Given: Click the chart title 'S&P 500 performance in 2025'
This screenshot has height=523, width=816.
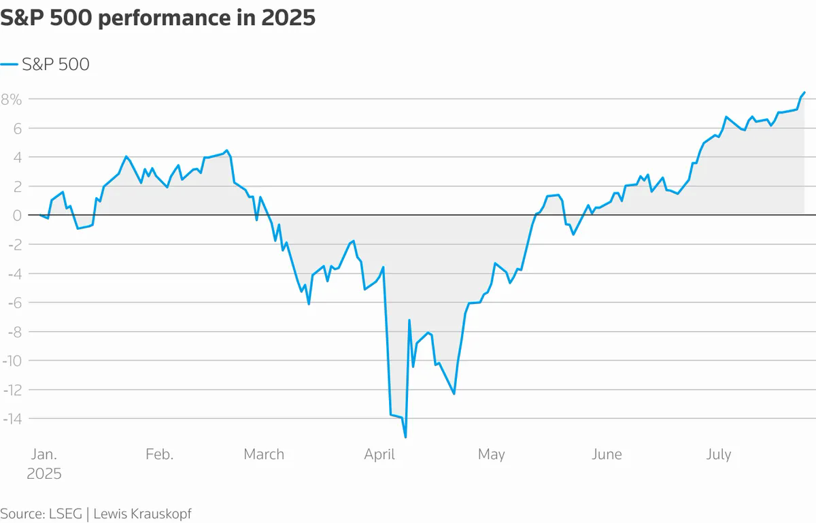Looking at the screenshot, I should coord(158,18).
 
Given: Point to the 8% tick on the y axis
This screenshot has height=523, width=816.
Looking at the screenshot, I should coord(12,99).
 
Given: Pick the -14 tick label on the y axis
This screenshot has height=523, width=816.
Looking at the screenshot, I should coord(12,419).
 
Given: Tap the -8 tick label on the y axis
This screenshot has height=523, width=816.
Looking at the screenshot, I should coord(12,332).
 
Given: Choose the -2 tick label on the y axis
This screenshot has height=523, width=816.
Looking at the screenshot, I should coord(12,245).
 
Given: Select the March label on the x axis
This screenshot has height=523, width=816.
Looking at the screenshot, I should coord(264,454).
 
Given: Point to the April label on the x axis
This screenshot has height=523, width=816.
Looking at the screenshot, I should coord(379,454).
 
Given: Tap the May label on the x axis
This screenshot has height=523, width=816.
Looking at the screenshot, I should coord(491,454).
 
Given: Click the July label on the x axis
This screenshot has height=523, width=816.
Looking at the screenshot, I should coord(718,454).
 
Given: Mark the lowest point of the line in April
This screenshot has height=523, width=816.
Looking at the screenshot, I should coord(405,437).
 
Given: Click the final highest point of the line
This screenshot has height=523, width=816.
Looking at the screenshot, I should coord(804,92).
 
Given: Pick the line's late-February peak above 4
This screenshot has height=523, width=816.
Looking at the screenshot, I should coord(227,151).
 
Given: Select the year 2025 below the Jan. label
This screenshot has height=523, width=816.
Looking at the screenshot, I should coord(44,473).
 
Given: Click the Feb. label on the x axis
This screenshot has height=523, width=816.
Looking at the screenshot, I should coord(159,454).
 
